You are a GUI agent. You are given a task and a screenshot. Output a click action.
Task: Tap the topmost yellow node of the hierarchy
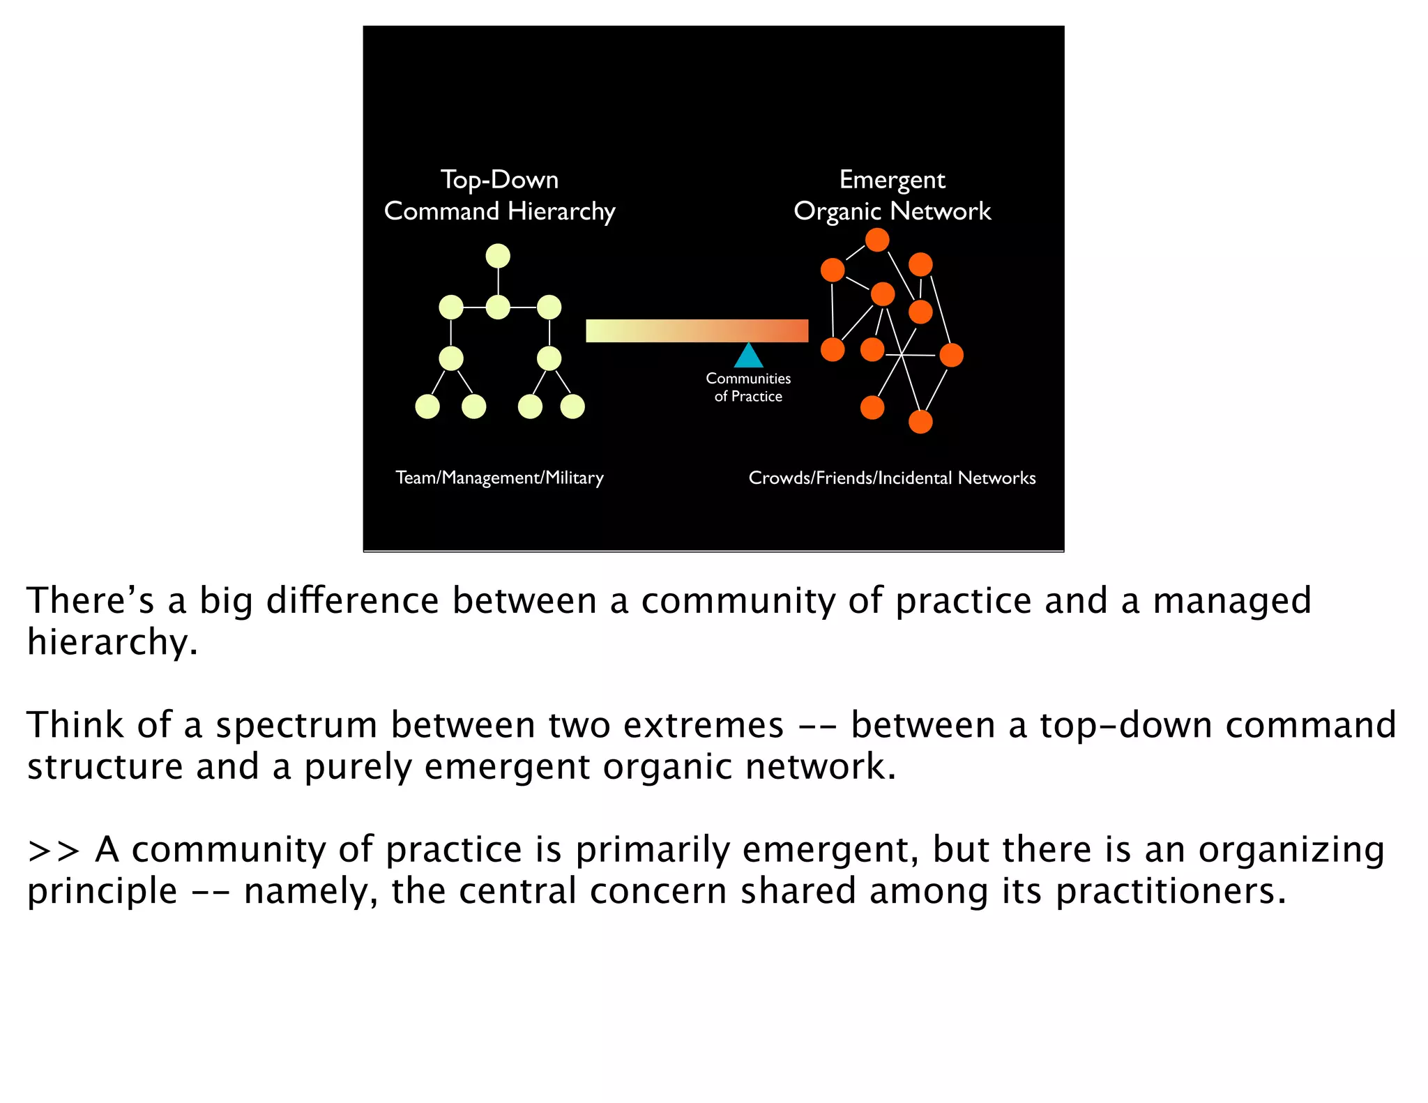(x=498, y=256)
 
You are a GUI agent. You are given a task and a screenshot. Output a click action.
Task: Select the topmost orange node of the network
(x=877, y=240)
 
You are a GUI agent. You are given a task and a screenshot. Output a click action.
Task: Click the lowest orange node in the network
(x=920, y=422)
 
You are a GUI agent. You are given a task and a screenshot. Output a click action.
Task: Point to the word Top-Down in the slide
(x=499, y=180)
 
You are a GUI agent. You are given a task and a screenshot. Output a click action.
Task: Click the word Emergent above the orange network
(x=892, y=180)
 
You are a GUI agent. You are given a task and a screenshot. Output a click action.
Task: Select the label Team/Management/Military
(x=499, y=478)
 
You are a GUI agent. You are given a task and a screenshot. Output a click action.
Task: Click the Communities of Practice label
(x=748, y=388)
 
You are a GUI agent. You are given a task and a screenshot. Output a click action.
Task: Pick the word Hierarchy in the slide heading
(x=561, y=211)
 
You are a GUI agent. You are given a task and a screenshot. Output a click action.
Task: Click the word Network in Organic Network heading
(x=941, y=211)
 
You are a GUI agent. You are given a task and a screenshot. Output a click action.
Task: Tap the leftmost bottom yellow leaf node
(x=427, y=406)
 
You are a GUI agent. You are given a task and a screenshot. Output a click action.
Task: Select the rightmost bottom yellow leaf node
(x=572, y=406)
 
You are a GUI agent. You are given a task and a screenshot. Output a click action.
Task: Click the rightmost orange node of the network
(x=951, y=355)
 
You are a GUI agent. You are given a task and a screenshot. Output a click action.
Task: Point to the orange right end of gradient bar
(x=795, y=330)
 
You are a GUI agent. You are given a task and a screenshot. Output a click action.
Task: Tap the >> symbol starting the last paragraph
(x=54, y=851)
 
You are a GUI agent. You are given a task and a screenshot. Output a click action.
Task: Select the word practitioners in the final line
(x=1170, y=892)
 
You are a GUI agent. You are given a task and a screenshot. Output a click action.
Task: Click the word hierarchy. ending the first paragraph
(x=112, y=642)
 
